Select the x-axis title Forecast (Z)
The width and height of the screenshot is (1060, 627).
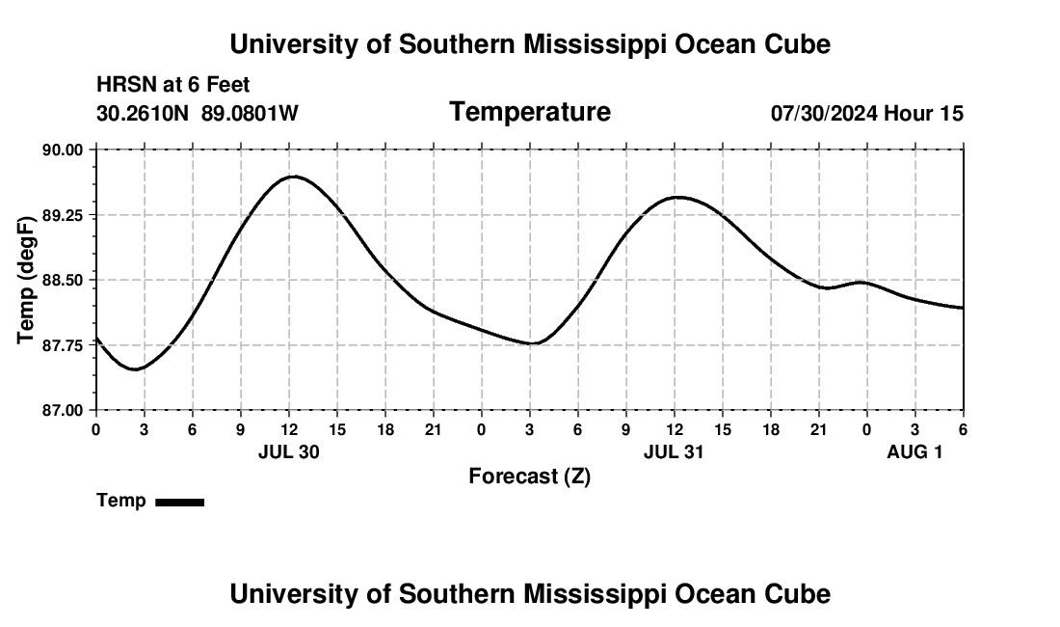point(529,477)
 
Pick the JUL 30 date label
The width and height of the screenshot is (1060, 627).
point(288,451)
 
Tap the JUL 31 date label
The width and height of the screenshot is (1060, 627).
point(674,451)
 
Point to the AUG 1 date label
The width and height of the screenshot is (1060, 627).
point(914,451)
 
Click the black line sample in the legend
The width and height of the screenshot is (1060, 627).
point(179,502)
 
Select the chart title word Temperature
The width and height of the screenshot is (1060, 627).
point(530,112)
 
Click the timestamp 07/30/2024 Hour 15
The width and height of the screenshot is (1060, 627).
point(866,114)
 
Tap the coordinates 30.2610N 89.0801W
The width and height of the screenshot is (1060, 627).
point(198,114)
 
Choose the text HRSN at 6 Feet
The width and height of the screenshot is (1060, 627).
point(173,86)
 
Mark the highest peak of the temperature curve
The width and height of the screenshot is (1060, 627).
point(293,177)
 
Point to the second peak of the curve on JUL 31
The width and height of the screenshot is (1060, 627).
point(678,197)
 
